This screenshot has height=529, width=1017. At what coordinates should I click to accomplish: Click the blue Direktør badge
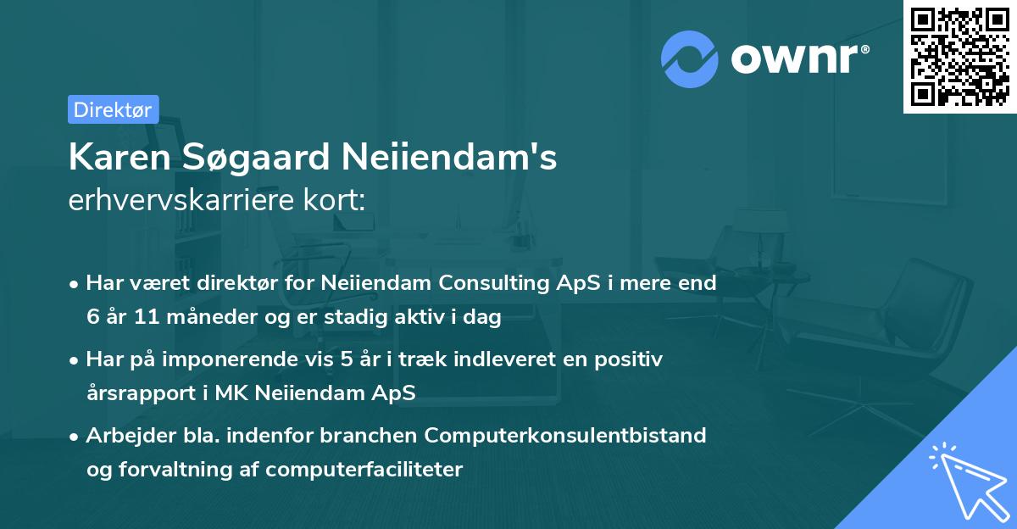[x=113, y=109]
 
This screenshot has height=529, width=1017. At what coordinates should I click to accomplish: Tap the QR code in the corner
[x=959, y=57]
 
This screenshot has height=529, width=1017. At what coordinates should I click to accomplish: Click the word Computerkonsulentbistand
[x=565, y=436]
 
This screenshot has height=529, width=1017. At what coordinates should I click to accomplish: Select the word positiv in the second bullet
[x=631, y=359]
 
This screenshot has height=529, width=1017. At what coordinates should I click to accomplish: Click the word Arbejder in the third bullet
[x=125, y=436]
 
